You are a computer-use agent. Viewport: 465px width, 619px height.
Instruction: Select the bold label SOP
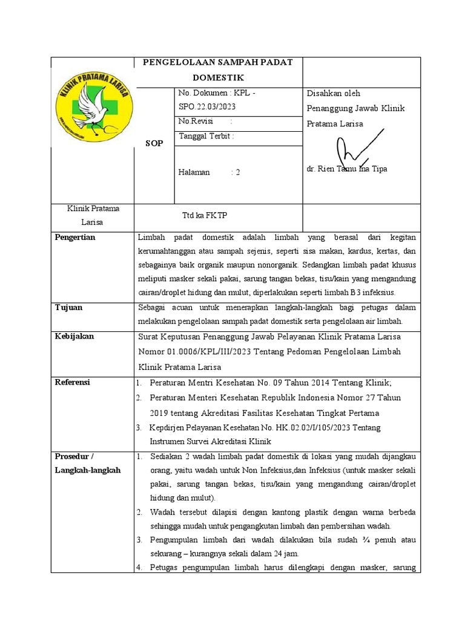click(154, 143)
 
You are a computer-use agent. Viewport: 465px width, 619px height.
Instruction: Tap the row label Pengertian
click(75, 238)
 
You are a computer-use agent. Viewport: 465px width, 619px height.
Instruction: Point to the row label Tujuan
click(69, 308)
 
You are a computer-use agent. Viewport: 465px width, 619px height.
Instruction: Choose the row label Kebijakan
click(74, 336)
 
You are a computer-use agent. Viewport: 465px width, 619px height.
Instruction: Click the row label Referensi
click(73, 382)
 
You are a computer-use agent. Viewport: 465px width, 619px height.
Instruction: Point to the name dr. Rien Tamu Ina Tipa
click(347, 169)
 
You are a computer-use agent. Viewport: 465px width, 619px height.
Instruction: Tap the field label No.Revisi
click(193, 121)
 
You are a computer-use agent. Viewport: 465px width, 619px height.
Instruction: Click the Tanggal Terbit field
click(206, 136)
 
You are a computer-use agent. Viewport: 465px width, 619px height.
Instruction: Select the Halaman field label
click(194, 172)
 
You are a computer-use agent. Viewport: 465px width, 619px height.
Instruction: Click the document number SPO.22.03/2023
click(206, 106)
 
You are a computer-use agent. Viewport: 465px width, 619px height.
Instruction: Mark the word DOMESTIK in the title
click(218, 78)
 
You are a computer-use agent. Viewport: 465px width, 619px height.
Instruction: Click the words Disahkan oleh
click(334, 93)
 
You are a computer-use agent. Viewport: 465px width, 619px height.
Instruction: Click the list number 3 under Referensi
click(138, 428)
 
